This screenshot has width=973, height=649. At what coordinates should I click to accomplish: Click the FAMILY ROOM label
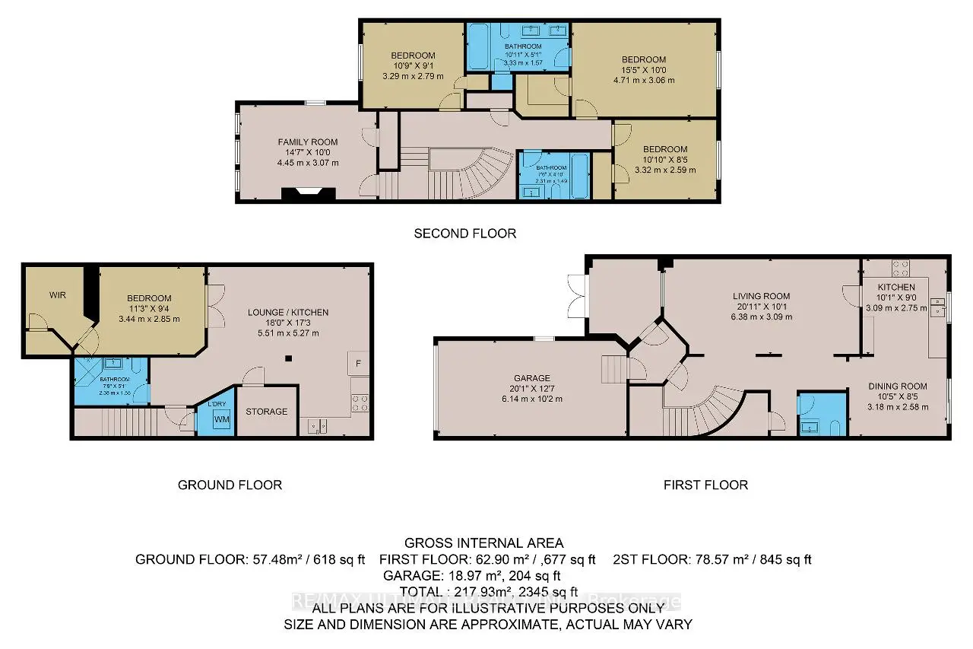308,142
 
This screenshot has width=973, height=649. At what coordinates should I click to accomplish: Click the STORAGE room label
267,412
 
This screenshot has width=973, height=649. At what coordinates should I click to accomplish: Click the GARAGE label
531,378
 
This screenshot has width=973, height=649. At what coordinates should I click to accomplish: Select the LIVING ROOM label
761,297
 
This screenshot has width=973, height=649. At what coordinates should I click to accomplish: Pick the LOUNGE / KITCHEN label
288,312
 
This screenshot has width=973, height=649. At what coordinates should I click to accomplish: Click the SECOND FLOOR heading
464,234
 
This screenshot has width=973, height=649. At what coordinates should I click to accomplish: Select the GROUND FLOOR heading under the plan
230,485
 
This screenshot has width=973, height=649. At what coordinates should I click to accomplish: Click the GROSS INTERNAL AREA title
483,543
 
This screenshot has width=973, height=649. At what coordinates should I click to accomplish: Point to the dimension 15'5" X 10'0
643,70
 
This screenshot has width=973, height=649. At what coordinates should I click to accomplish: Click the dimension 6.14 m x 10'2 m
531,399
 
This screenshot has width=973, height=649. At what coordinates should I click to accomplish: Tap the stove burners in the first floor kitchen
900,267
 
